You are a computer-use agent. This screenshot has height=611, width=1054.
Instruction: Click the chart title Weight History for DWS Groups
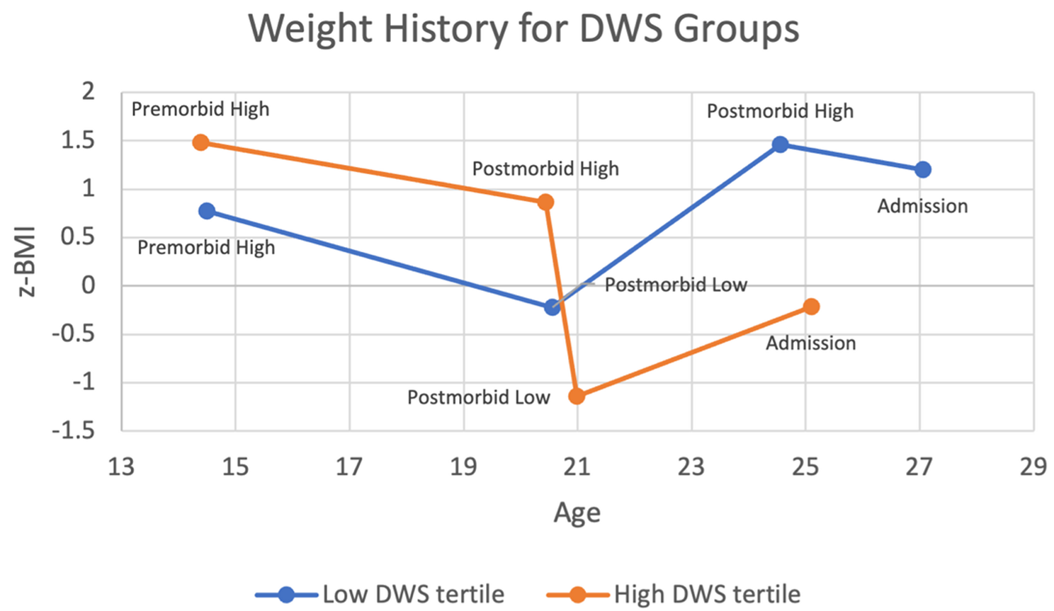click(523, 30)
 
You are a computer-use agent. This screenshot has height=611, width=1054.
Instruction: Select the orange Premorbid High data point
click(201, 142)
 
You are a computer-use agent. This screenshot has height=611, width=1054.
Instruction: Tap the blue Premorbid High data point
click(207, 211)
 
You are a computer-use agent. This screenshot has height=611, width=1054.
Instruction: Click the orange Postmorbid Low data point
click(577, 396)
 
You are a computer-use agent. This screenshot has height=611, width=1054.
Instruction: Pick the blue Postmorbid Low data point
click(552, 307)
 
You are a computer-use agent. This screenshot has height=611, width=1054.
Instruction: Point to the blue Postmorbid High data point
click(780, 144)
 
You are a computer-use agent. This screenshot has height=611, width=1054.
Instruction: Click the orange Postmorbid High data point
click(545, 202)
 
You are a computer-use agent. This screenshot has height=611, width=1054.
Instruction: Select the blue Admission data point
click(922, 170)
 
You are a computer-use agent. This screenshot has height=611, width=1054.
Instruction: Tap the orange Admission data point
click(812, 307)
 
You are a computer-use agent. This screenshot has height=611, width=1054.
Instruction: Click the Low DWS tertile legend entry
click(380, 594)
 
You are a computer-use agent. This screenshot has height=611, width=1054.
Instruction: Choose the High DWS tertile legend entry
click(674, 594)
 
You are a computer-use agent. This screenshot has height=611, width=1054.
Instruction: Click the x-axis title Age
click(577, 512)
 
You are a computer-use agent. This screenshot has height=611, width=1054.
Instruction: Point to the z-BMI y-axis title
click(27, 260)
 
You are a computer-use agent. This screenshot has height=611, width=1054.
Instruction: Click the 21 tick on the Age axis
click(577, 467)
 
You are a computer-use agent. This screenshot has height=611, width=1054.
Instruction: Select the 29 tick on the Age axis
click(1033, 467)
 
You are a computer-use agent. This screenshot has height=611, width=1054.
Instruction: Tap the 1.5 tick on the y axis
click(78, 140)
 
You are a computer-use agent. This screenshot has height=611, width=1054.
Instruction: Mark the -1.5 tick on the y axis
click(73, 430)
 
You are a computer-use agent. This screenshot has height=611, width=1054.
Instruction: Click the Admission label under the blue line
click(922, 206)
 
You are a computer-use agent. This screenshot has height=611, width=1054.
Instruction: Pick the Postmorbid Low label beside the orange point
click(478, 397)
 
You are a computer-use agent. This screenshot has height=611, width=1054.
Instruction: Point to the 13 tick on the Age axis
click(121, 467)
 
